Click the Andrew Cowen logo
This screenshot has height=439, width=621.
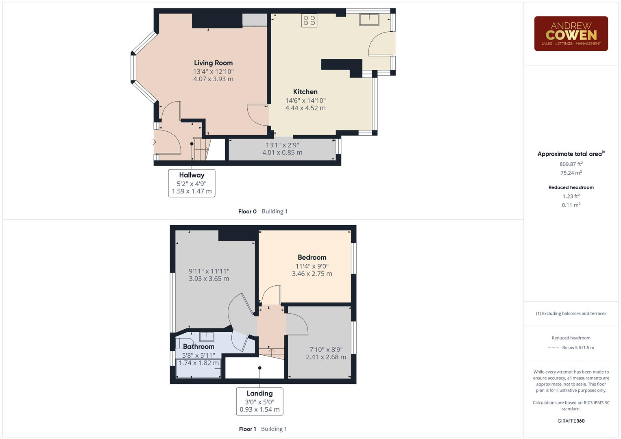pyautogui.click(x=571, y=34)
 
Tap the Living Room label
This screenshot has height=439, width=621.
pyautogui.click(x=213, y=63)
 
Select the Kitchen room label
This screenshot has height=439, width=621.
pyautogui.click(x=305, y=92)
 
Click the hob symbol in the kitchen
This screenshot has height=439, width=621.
pyautogui.click(x=309, y=20)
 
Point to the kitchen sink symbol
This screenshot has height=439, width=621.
pyautogui.click(x=369, y=20)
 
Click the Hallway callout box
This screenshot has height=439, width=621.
pyautogui.click(x=192, y=183)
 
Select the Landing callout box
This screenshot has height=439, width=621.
pyautogui.click(x=259, y=401)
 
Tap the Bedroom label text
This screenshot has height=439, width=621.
pyautogui.click(x=312, y=257)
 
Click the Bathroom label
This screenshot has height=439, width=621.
pyautogui.click(x=198, y=347)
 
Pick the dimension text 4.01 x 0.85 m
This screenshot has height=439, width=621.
pyautogui.click(x=282, y=153)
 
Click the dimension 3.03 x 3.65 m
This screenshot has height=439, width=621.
pyautogui.click(x=209, y=279)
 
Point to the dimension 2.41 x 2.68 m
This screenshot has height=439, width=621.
pyautogui.click(x=326, y=357)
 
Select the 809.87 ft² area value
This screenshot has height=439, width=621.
pyautogui.click(x=571, y=164)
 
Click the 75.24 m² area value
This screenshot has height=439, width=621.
pyautogui.click(x=571, y=173)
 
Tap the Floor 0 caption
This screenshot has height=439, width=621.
pyautogui.click(x=247, y=211)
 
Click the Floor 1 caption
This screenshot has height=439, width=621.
pyautogui.click(x=247, y=429)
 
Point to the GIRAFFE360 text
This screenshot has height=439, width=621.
pyautogui.click(x=571, y=421)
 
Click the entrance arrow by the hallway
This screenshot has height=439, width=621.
pyautogui.click(x=153, y=142)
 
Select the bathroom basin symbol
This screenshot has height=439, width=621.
pyautogui.click(x=207, y=336)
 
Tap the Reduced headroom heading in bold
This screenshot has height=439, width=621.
pyautogui.click(x=571, y=187)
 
